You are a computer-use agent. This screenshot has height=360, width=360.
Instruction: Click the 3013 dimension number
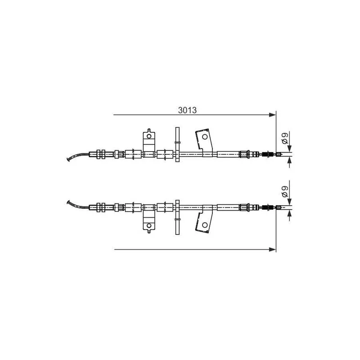pyautogui.click(x=187, y=110)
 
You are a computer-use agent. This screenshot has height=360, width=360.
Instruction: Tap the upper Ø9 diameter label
pyautogui.click(x=285, y=138)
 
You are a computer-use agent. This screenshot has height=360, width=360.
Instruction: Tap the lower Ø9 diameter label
pyautogui.click(x=285, y=192)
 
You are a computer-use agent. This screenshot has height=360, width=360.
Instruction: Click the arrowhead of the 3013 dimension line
pyautogui.click(x=272, y=115)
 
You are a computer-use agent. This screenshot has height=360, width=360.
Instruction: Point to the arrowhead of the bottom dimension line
pyautogui.click(x=272, y=249)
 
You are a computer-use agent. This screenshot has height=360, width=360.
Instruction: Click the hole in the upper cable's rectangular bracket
pyautogui.click(x=149, y=136)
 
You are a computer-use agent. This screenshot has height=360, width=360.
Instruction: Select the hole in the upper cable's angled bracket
pyautogui.click(x=205, y=137)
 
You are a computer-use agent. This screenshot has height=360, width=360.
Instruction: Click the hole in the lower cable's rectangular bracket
pyautogui.click(x=149, y=225)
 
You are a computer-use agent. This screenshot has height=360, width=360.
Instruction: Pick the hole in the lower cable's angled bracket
pyautogui.click(x=205, y=225)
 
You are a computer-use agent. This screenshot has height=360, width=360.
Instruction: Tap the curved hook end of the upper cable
pyautogui.click(x=69, y=159)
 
